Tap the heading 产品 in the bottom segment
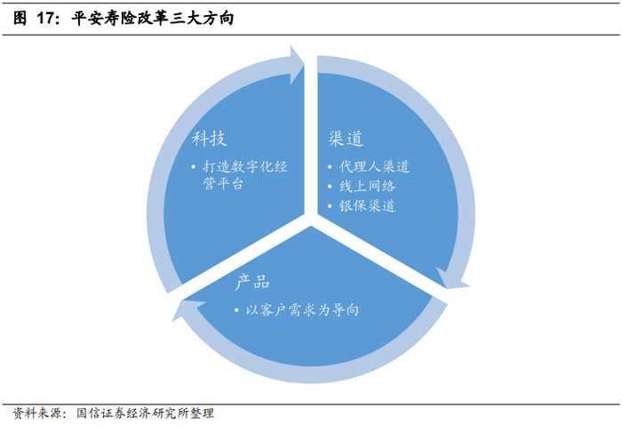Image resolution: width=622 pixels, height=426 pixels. (x=252, y=283)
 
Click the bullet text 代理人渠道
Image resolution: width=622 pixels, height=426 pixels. (x=374, y=167)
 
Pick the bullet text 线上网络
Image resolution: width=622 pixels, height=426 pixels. (x=367, y=187)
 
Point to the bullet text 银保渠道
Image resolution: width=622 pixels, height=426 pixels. (x=367, y=206)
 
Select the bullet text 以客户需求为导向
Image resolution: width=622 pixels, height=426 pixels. (x=302, y=309)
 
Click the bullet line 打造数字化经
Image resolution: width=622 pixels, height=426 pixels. (x=244, y=167)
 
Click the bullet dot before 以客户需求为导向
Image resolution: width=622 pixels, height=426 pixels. (x=237, y=310)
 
